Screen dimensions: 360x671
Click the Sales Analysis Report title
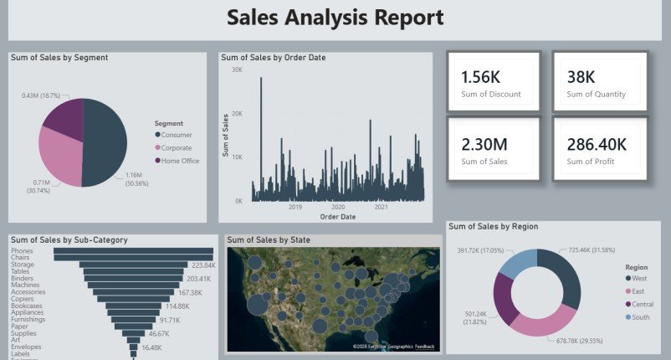pos(335,18)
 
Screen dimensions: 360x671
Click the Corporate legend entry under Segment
pos(177,147)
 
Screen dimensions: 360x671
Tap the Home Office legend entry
pos(179,161)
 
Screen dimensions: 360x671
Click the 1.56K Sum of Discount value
pos(479,77)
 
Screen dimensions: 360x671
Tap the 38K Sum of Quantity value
pos(581,77)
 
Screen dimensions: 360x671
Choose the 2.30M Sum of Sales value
pos(484,144)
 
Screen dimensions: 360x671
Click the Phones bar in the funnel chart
pos(134,249)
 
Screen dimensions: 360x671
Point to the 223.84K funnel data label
pos(204,265)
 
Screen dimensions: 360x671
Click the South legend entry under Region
pos(642,317)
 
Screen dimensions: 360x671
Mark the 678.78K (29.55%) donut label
pos(579,340)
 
